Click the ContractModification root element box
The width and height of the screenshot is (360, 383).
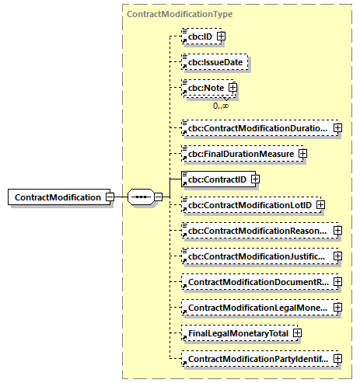pyautogui.click(x=58, y=197)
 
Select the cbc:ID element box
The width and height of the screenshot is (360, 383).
pyautogui.click(x=197, y=36)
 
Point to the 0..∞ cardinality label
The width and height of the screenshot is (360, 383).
pyautogui.click(x=221, y=105)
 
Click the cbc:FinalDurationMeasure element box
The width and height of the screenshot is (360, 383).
pyautogui.click(x=238, y=154)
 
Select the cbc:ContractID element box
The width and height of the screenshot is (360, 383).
pyautogui.click(x=214, y=179)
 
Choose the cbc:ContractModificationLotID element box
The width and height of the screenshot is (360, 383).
pyautogui.click(x=246, y=204)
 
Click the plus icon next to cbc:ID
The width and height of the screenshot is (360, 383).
pyautogui.click(x=222, y=36)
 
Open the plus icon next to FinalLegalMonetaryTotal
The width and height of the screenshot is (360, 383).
pyautogui.click(x=296, y=333)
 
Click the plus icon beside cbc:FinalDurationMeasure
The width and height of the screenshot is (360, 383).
pyautogui.click(x=302, y=154)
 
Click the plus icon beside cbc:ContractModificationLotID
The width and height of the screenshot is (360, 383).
pyautogui.click(x=320, y=204)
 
